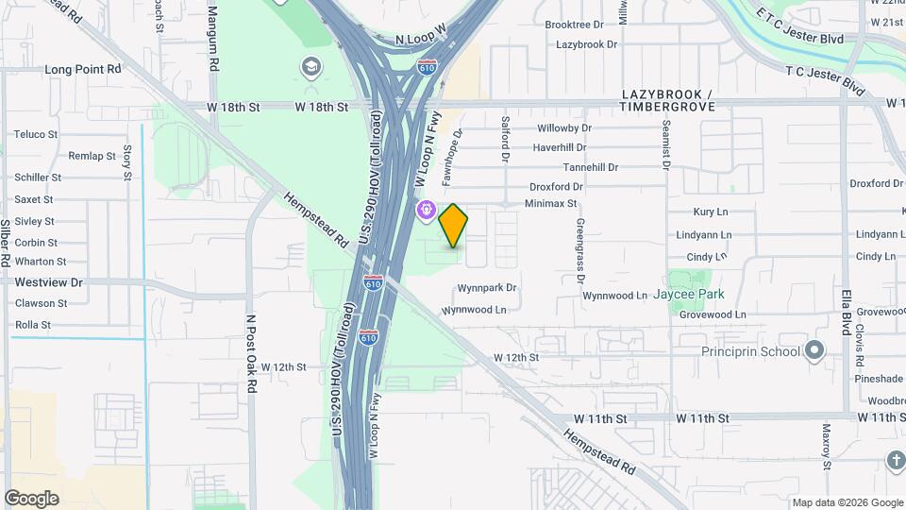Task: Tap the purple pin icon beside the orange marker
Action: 427,210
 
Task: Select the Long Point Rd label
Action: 83,70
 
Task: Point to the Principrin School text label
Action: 750,352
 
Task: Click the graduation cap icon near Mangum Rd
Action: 310,67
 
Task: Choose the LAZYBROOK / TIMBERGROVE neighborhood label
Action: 666,102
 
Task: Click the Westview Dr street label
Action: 49,282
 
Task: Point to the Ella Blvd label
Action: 847,311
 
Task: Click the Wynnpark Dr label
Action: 487,288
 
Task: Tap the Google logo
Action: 31,499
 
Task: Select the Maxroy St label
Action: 826,447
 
